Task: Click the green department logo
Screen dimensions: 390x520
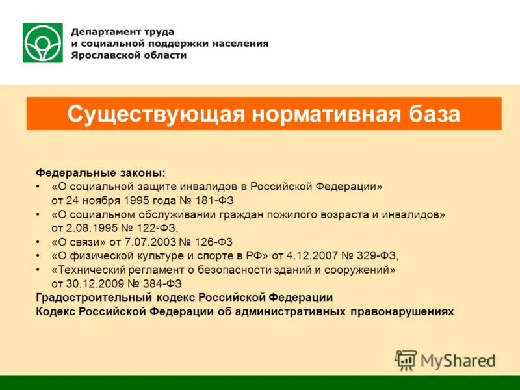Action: tap(42, 43)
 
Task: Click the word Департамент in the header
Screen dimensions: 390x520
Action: tap(102, 31)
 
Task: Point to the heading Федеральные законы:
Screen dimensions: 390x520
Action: tap(101, 173)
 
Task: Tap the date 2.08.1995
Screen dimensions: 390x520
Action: tap(91, 227)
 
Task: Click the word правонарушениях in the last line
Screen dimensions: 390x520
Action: tap(401, 311)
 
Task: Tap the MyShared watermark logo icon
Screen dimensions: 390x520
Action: tap(406, 359)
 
